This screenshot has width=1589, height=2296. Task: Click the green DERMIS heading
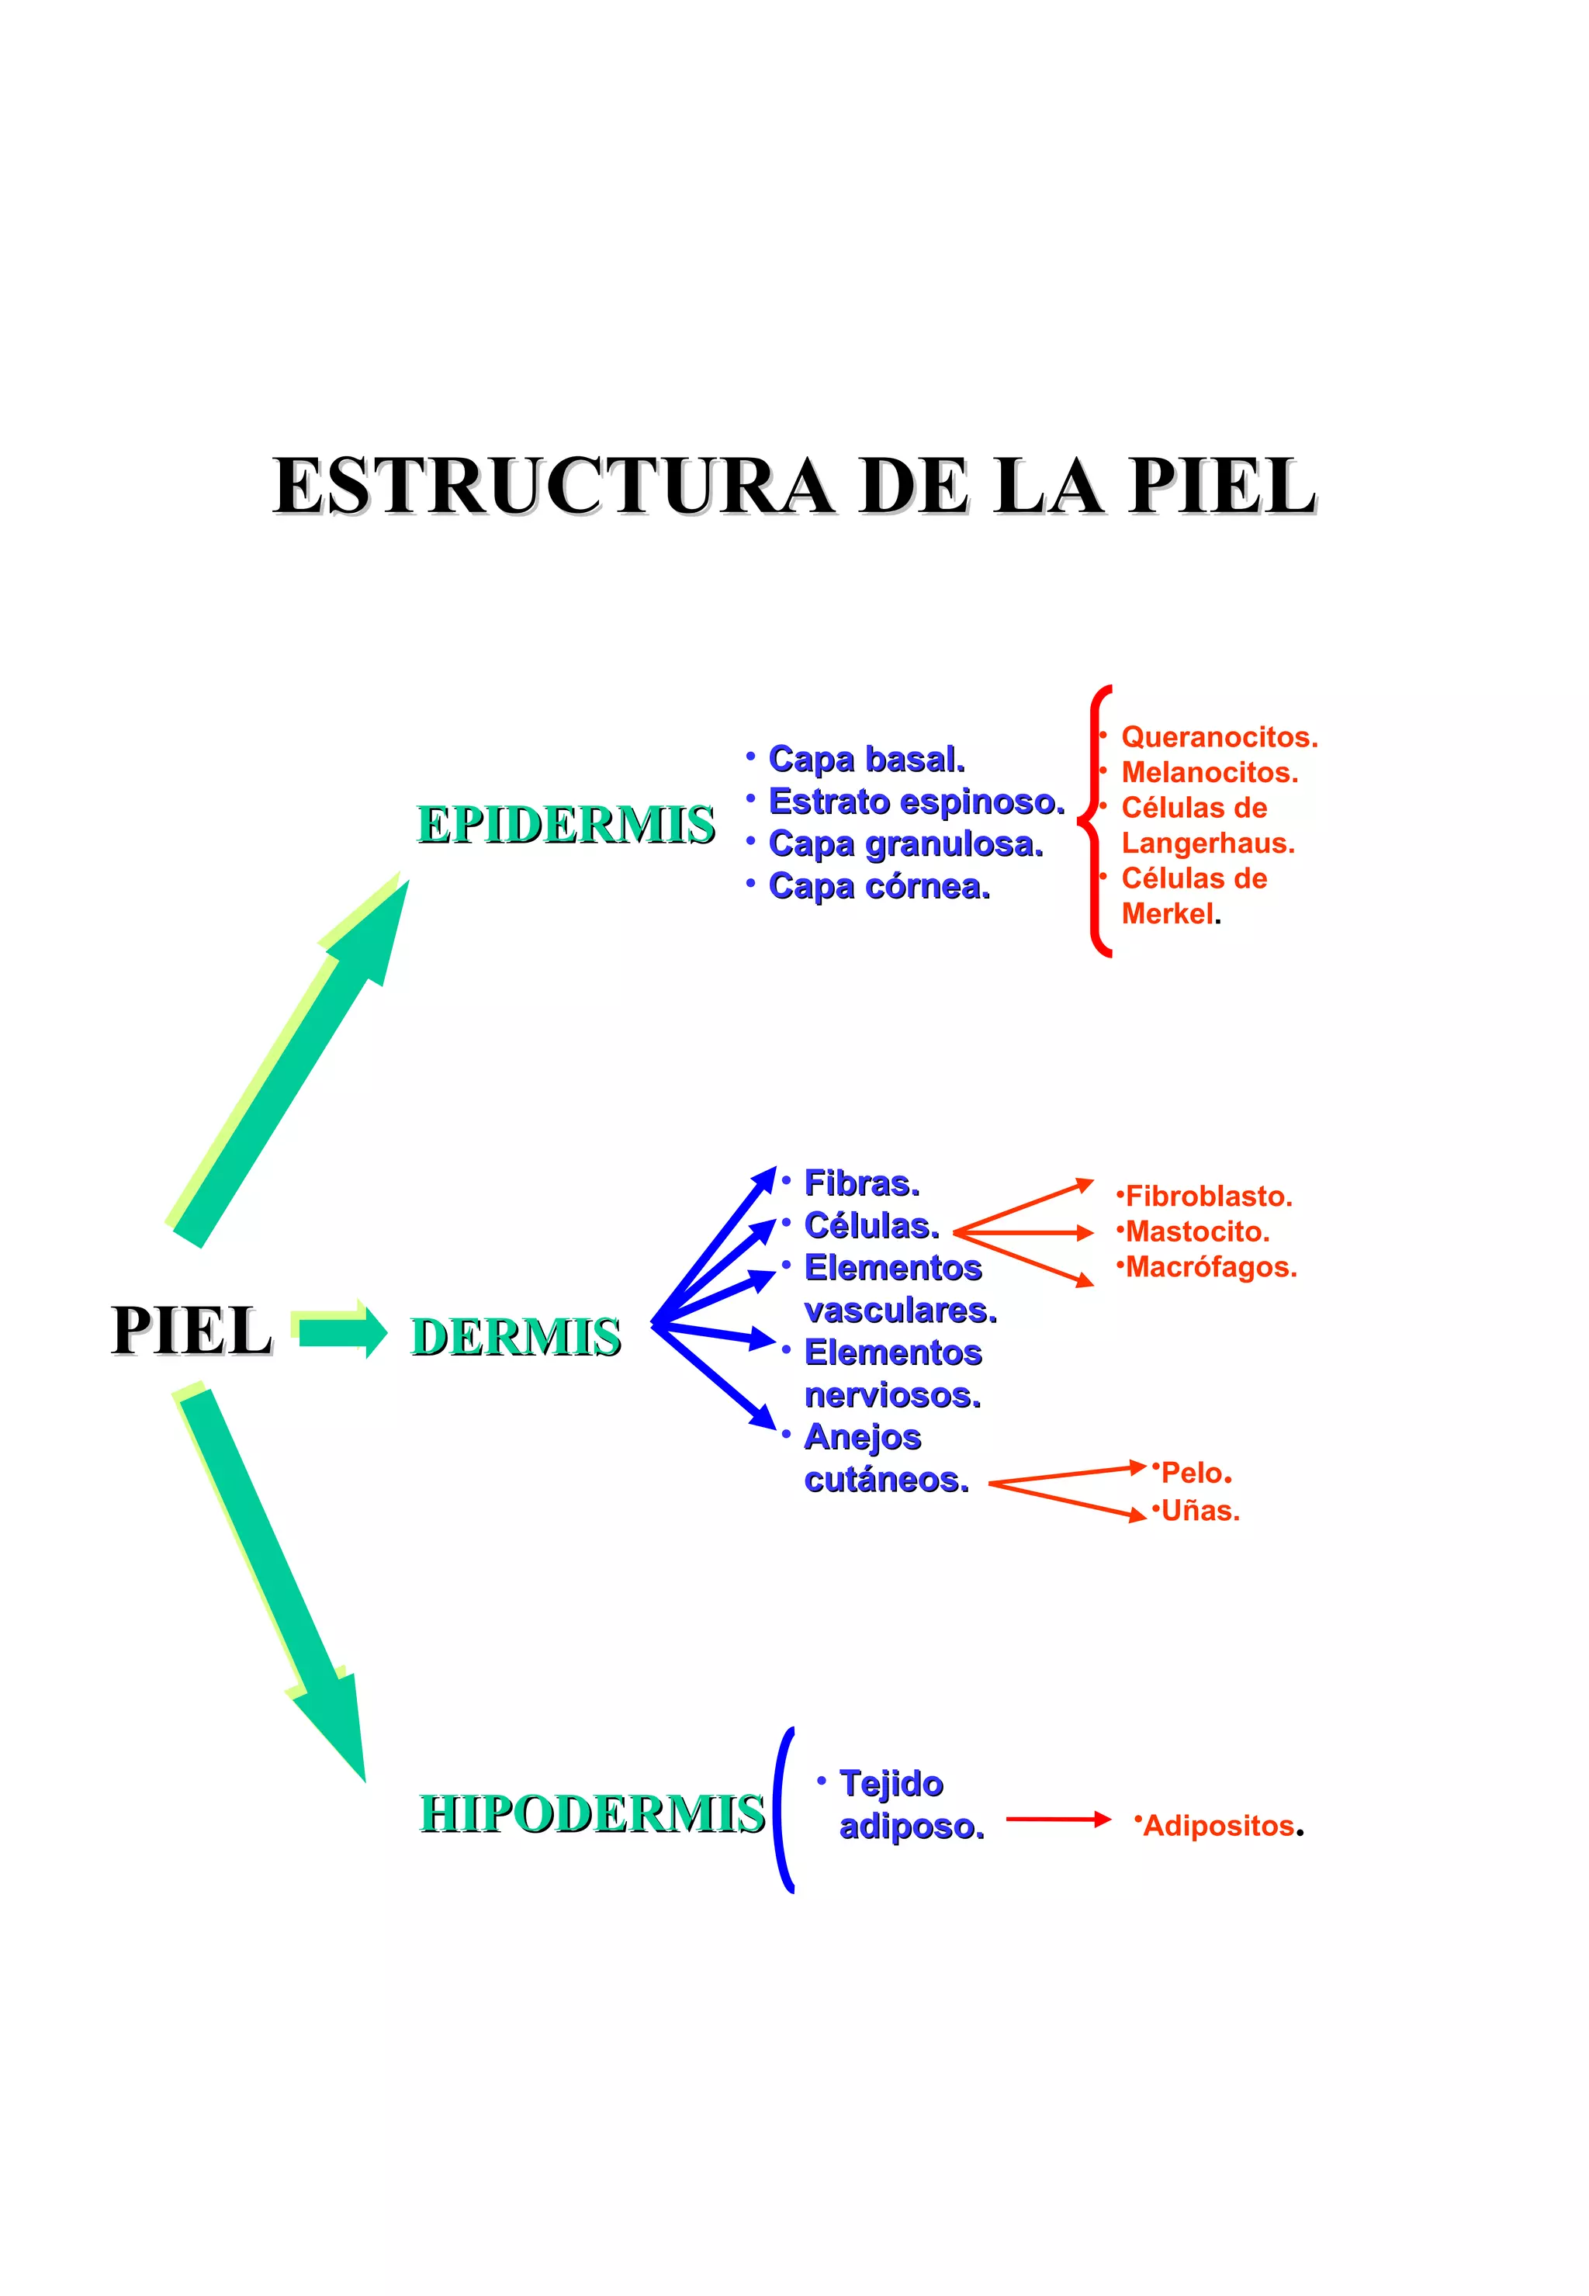pos(516,1336)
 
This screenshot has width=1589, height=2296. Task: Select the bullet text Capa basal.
pos(866,759)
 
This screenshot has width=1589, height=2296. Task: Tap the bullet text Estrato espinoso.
pos(916,802)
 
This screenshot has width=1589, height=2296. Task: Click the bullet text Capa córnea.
pos(879,886)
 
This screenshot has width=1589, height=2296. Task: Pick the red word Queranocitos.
pos(1219,737)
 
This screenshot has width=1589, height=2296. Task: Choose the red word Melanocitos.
pos(1209,773)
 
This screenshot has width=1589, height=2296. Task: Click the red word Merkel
pos(1168,914)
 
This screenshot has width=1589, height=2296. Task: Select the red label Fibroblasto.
pos(1208,1196)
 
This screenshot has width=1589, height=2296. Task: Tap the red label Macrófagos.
pos(1210,1267)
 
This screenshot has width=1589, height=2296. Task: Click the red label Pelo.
pos(1196,1473)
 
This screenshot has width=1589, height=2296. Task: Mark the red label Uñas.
pos(1200,1511)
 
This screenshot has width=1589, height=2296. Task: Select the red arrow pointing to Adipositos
pos(1058,1819)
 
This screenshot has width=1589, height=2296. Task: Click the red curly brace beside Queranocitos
pos(1096,822)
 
